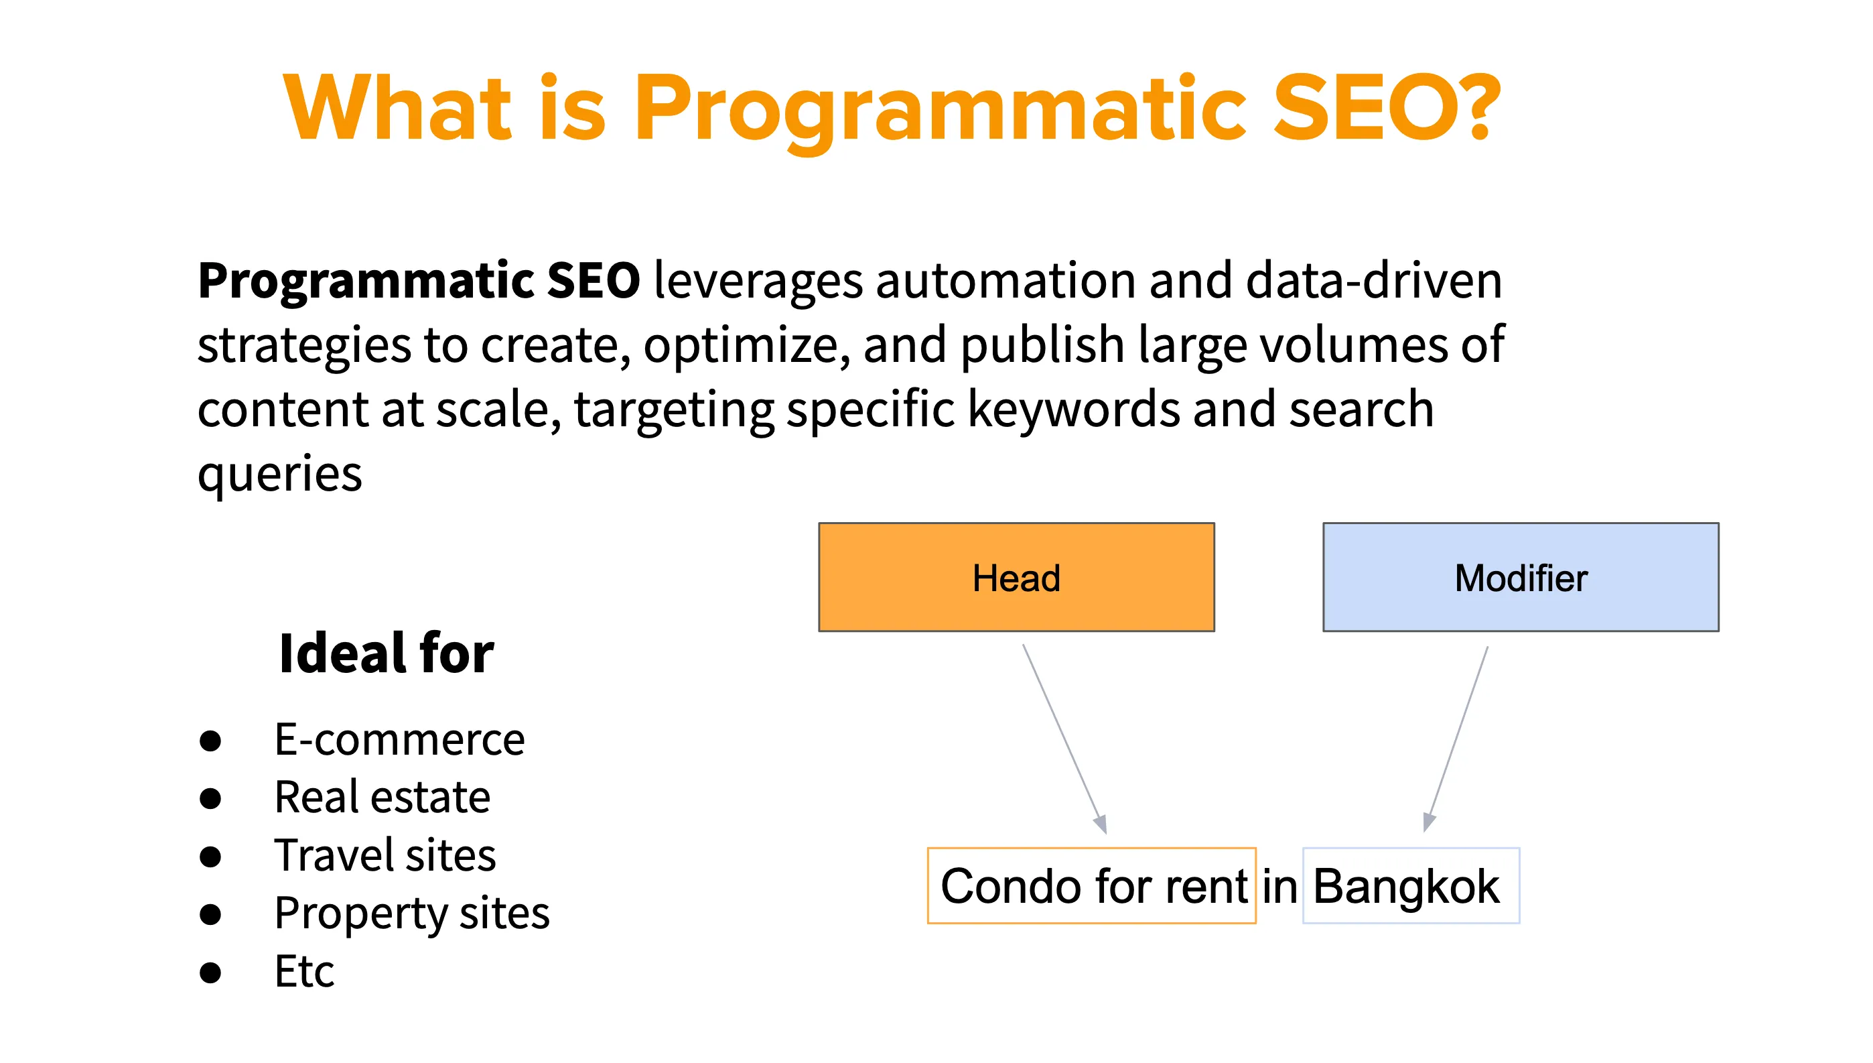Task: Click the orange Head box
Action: [1016, 577]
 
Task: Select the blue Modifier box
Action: [1520, 577]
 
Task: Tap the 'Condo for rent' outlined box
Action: [1091, 885]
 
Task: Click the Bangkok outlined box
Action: [1409, 885]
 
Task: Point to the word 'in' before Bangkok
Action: [1279, 887]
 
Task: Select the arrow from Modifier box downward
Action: [1457, 737]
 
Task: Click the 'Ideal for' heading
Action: [386, 653]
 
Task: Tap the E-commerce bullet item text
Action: [399, 739]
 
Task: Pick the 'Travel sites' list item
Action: [385, 855]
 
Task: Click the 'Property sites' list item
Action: [411, 914]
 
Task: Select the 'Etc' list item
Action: [304, 972]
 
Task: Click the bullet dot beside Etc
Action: [210, 973]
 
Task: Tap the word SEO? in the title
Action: [1385, 108]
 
